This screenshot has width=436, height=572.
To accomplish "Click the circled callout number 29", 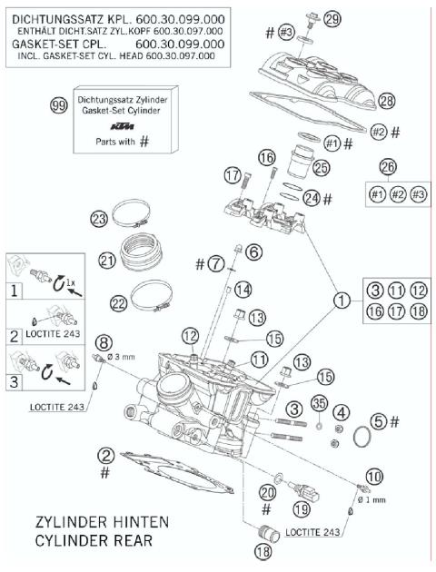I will (308, 20).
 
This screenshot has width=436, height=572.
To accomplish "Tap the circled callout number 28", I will (387, 100).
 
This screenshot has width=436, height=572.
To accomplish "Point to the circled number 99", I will (59, 106).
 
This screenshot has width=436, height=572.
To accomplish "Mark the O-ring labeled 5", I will (364, 438).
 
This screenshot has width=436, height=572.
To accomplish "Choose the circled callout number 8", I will (105, 342).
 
